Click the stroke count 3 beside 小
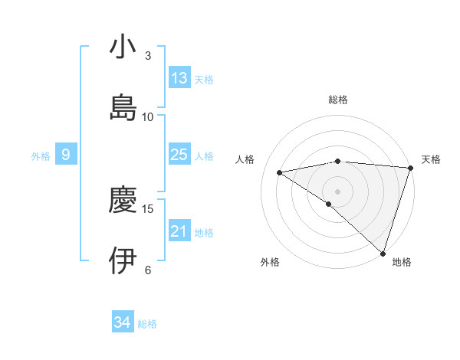pos(148,56)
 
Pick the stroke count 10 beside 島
pos(148,116)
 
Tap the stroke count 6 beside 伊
pos(148,270)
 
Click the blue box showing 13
pos(179,78)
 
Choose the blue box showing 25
pos(179,155)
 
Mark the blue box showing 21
pos(179,231)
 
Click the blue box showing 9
pos(66,155)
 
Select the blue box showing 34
pos(122,322)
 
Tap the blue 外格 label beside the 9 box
pos(41,155)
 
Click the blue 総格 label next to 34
pos(148,324)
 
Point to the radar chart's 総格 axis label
pos(338,100)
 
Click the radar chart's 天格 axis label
pos(431,159)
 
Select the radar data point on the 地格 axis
pos(383,253)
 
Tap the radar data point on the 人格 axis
pos(280,172)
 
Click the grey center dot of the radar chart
pos(338,191)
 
